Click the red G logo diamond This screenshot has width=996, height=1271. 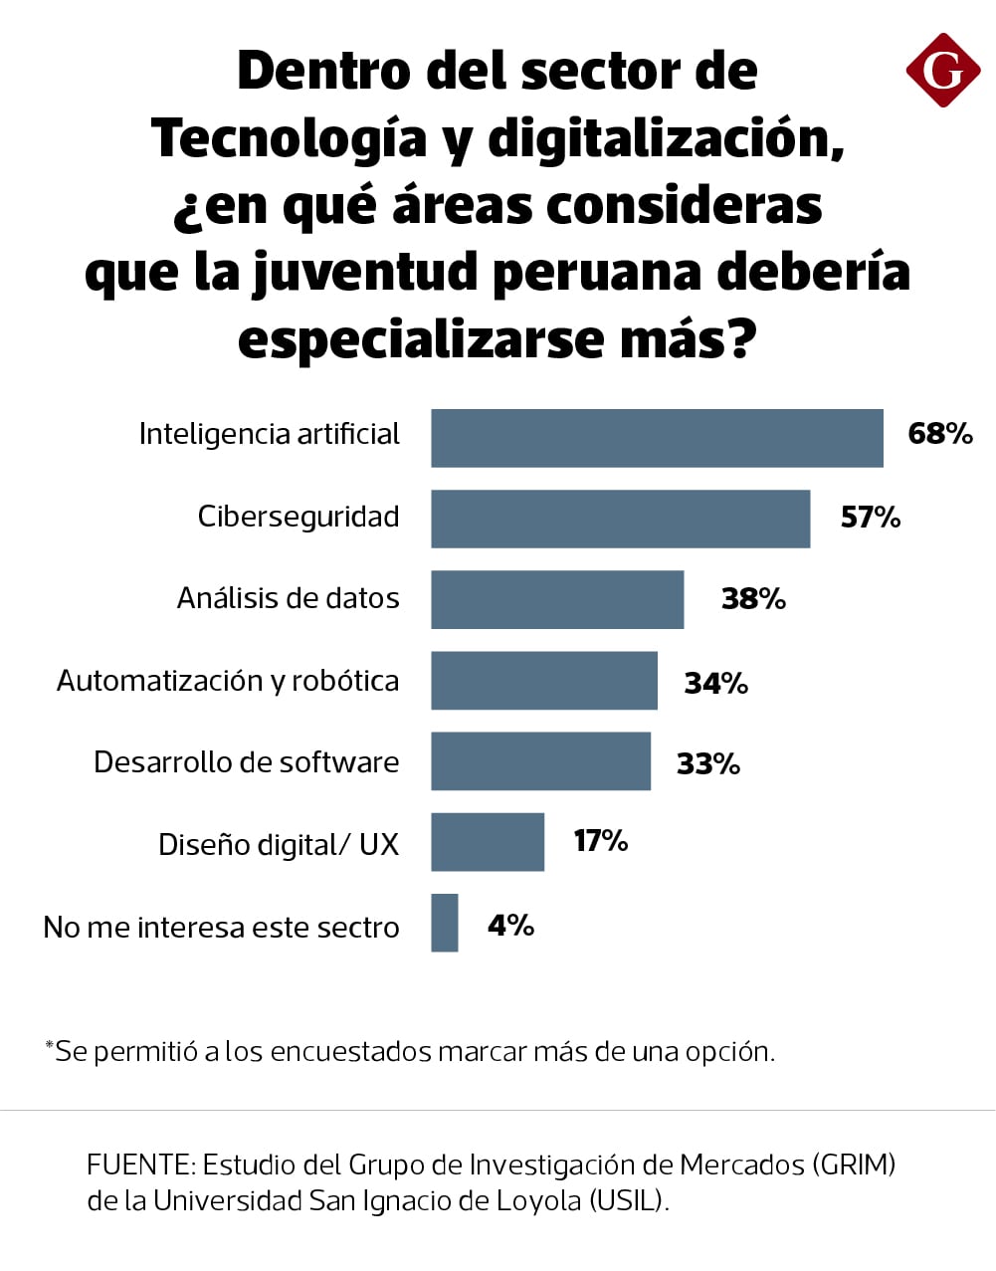click(942, 70)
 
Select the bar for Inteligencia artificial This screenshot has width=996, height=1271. click(657, 438)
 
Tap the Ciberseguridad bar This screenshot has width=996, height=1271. click(620, 519)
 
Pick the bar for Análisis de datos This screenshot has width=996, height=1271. click(557, 599)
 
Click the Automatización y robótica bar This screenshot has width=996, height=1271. click(544, 681)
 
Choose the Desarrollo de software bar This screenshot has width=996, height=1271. click(540, 761)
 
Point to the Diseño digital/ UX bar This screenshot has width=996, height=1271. click(488, 842)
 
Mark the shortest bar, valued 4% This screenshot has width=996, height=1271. click(445, 923)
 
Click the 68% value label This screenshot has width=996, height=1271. click(940, 434)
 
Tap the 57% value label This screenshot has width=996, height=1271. click(871, 518)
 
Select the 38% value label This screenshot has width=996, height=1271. click(753, 599)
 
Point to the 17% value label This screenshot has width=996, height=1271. click(601, 841)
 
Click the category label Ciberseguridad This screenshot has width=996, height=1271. click(299, 517)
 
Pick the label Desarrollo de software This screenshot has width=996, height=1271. click(247, 762)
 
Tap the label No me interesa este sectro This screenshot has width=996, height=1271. click(221, 928)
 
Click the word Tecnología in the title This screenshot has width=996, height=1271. click(290, 138)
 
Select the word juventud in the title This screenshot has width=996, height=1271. click(366, 273)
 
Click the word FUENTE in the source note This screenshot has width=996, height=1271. click(139, 1165)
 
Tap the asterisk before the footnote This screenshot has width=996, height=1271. click(49, 1045)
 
